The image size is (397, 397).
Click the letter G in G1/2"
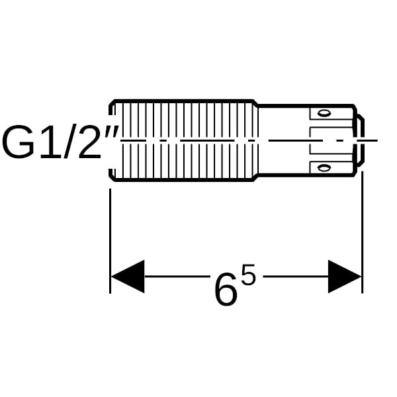click(19, 142)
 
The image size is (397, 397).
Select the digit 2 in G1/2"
click(89, 142)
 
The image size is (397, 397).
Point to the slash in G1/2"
click(70, 142)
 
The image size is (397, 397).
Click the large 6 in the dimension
click(226, 288)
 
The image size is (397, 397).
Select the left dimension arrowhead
click(128, 276)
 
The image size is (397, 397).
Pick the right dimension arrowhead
click(345, 276)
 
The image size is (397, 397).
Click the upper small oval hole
click(324, 113)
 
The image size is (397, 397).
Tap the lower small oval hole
click(324, 167)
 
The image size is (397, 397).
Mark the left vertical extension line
click(110, 241)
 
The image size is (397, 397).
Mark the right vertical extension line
click(363, 232)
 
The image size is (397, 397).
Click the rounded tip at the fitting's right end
click(361, 140)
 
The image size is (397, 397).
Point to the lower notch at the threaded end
click(111, 174)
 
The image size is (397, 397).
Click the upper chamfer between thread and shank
click(255, 103)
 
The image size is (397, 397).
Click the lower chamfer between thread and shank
click(255, 178)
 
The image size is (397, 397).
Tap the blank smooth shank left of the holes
click(284, 140)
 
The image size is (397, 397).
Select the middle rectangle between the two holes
click(331, 140)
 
